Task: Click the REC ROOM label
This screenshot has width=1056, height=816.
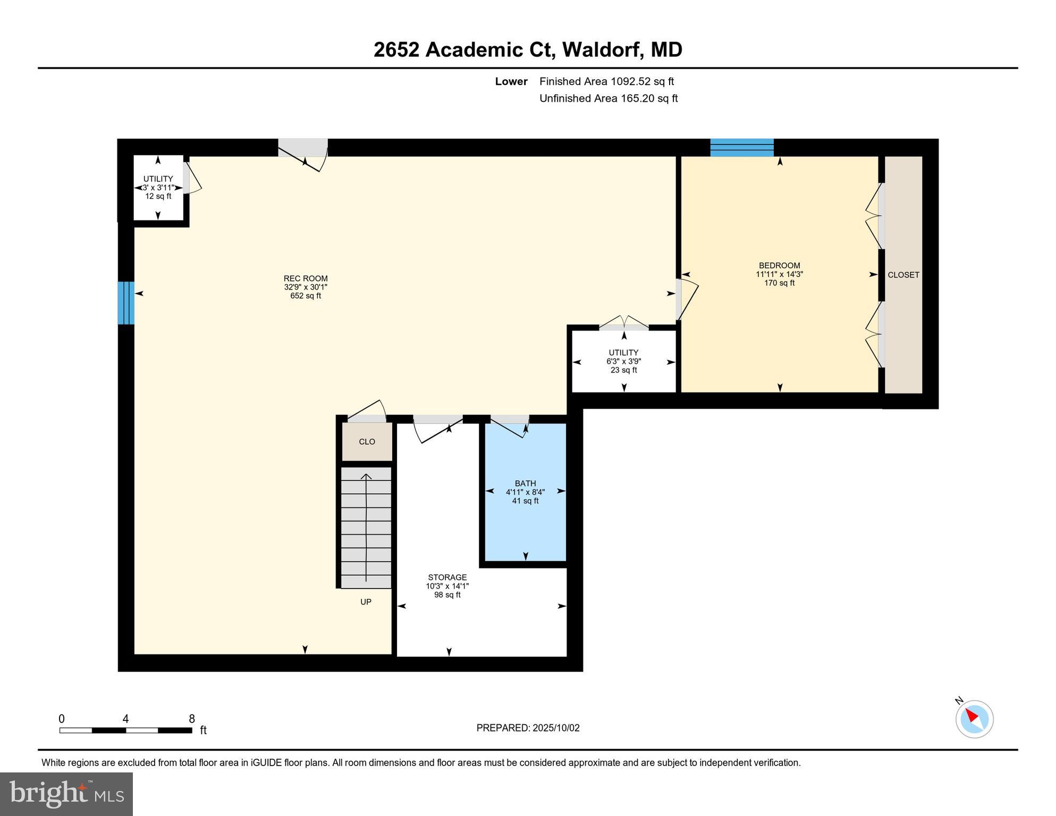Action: coord(306,278)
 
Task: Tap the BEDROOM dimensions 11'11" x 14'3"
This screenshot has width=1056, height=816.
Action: coord(779,274)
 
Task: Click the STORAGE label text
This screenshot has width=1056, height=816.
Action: coord(447,577)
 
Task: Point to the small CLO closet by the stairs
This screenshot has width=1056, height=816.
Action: coord(367,441)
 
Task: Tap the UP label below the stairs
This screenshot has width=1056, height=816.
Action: coord(366,601)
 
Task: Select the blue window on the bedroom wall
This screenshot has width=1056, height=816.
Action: coord(741,147)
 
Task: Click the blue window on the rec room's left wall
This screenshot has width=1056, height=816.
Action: coord(125,302)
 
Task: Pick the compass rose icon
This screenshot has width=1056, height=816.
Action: coord(974,719)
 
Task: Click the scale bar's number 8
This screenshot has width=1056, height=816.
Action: coord(192,719)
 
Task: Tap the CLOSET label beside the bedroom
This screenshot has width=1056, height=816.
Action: coord(903,275)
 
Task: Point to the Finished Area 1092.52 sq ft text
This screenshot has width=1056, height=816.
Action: coord(606,81)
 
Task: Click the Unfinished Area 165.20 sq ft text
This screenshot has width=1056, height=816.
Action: coord(608,98)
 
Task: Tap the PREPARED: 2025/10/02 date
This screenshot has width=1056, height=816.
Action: coord(528,728)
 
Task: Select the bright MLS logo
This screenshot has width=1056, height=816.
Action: coord(66,794)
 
